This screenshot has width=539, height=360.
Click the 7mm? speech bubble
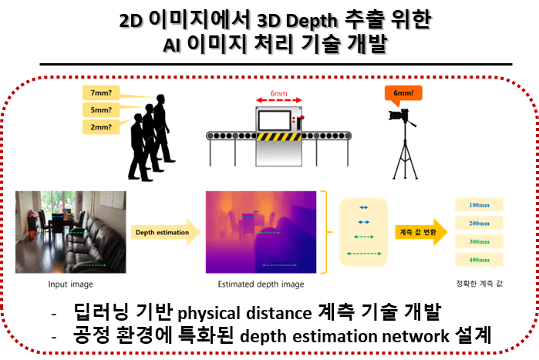pyautogui.click(x=100, y=93)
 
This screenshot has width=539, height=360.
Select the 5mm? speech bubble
pyautogui.click(x=100, y=109)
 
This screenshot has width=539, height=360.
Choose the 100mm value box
pyautogui.click(x=479, y=205)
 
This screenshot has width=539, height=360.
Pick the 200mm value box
pyautogui.click(x=479, y=223)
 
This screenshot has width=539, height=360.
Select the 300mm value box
pyautogui.click(x=479, y=241)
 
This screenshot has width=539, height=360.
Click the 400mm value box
pyautogui.click(x=479, y=260)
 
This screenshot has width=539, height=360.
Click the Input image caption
pyautogui.click(x=70, y=285)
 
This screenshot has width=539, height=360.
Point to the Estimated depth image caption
pyautogui.click(x=261, y=285)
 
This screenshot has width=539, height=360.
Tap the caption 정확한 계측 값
pyautogui.click(x=479, y=285)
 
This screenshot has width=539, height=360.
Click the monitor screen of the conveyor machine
pyautogui.click(x=275, y=120)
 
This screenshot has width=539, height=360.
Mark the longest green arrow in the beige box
pyautogui.click(x=363, y=252)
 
